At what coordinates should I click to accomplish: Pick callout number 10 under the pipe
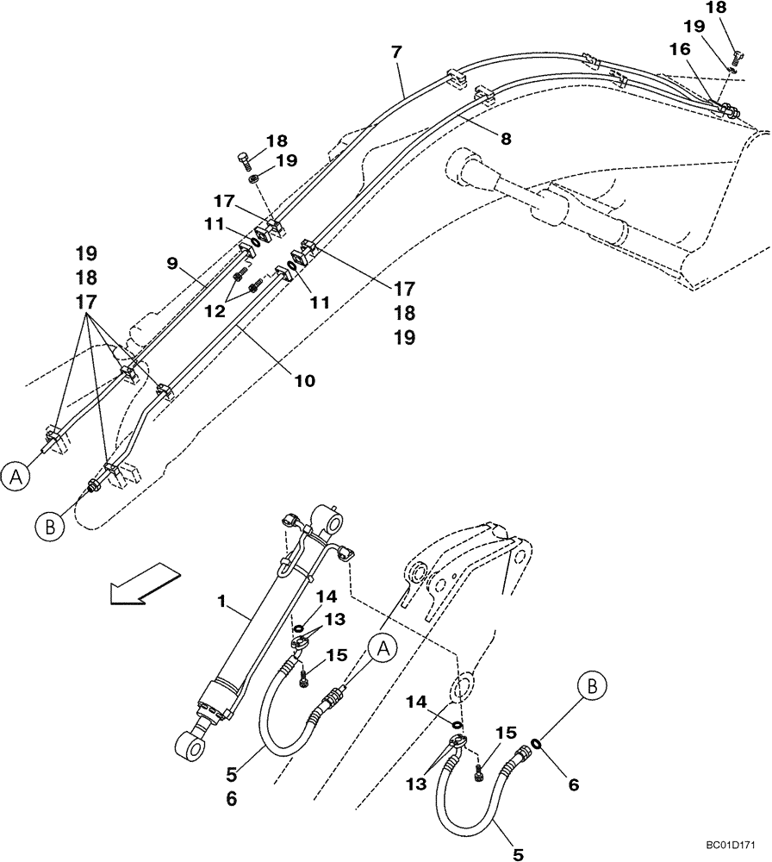[x=304, y=379]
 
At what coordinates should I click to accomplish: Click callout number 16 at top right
[x=679, y=51]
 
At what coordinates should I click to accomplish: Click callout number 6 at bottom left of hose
[x=231, y=799]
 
